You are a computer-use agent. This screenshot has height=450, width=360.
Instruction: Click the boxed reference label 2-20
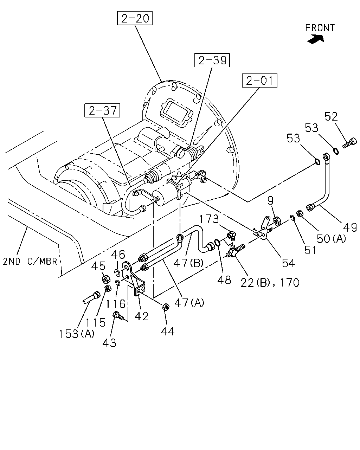[x=135, y=18]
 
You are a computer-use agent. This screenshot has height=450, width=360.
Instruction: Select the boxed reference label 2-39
[x=212, y=60]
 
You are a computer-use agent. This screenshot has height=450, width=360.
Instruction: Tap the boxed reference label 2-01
[x=259, y=80]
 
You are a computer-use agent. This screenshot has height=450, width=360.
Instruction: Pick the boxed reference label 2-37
[x=102, y=110]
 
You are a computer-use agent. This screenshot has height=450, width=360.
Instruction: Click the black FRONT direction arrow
[x=315, y=39]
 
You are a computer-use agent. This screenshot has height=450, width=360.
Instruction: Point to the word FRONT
[x=320, y=28]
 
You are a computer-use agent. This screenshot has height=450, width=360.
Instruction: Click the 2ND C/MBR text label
[x=30, y=261]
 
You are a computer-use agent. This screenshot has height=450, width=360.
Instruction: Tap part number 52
[x=331, y=116]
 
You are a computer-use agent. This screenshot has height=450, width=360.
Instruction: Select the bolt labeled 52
[x=349, y=143]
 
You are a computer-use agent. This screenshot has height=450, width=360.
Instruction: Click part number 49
[x=350, y=227]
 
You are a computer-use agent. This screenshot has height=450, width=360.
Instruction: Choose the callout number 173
[x=209, y=219]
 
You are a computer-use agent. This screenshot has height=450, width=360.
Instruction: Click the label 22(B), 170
[x=270, y=283]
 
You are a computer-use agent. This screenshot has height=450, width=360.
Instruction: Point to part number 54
[x=289, y=263]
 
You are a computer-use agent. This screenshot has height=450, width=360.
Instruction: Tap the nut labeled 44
[x=166, y=307]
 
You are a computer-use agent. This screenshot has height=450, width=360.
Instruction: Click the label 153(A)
[x=76, y=334]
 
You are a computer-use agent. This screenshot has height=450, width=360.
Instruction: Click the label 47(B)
[x=188, y=263]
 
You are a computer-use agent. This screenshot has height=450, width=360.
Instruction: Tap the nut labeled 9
[x=277, y=220]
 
